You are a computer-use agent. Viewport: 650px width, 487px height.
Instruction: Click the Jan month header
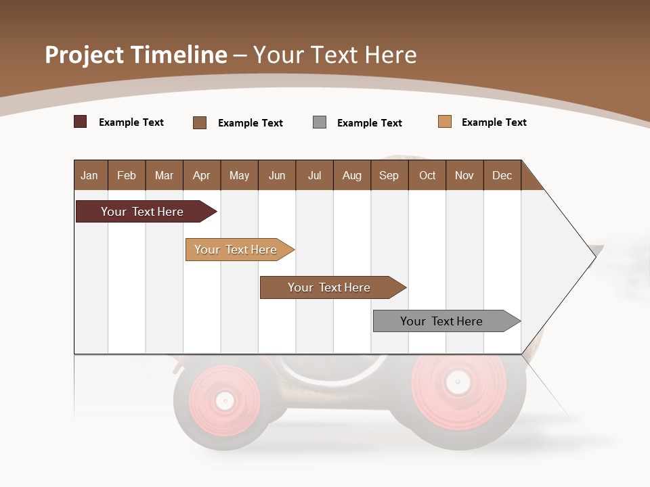click(x=89, y=175)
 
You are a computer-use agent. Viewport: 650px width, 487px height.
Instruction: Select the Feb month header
click(x=127, y=175)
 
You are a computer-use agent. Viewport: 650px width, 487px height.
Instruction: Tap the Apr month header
click(x=201, y=175)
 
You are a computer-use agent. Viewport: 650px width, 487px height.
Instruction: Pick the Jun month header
click(x=277, y=175)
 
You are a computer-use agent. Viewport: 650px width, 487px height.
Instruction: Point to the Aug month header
click(x=351, y=175)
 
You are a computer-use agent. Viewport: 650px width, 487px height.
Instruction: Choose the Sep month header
click(x=389, y=175)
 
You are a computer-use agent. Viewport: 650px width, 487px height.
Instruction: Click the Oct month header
click(x=427, y=175)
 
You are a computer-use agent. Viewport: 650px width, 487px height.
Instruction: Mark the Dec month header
click(x=502, y=175)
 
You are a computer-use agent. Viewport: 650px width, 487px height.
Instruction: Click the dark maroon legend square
click(x=81, y=122)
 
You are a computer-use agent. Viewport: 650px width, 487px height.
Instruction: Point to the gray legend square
click(x=320, y=122)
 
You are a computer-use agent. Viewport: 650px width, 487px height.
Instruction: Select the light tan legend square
click(x=445, y=122)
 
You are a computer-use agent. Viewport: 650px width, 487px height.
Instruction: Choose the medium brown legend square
click(x=200, y=122)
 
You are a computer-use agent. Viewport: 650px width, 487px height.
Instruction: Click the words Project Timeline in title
click(x=135, y=55)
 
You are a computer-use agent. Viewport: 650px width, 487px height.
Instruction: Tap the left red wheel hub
click(x=225, y=400)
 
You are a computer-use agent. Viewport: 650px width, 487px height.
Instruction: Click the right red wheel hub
click(x=458, y=382)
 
